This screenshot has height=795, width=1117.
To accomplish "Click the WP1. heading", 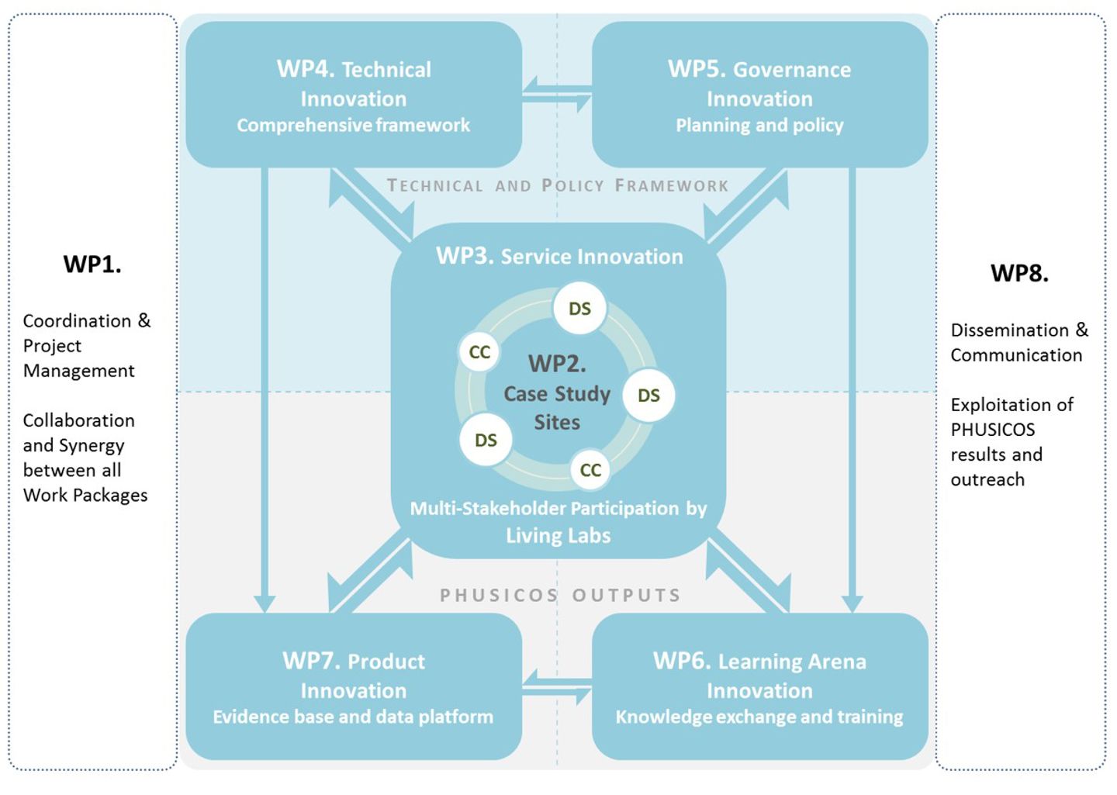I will coord(92,265).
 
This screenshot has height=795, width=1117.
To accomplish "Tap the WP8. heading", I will coord(1019,274).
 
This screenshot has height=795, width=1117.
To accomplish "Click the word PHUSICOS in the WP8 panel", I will coord(992,430).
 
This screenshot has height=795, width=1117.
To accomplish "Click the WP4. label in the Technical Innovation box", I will coord(306,69).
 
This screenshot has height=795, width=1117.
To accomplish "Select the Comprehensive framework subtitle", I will coord(353,126).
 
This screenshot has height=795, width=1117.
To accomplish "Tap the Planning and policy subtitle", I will coord(759,126).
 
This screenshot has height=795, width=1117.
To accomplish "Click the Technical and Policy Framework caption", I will coord(558,186).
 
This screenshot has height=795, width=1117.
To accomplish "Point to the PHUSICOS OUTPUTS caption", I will coord(560,596).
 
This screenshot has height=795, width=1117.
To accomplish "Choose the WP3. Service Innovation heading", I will coord(559,257).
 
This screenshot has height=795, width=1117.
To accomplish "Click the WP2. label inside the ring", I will coord(557,364).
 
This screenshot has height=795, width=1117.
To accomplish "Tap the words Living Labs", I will coord(558,536).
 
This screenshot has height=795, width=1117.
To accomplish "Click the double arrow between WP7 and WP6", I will coord(557,686).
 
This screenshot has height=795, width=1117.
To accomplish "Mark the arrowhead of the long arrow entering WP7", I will coord(265,603).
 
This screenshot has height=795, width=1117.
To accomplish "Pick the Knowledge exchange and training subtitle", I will coord(759,717).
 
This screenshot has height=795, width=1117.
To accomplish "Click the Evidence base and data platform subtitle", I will coord(353,717).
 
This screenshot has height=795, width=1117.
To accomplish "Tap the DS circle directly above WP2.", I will coord(579,309).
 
